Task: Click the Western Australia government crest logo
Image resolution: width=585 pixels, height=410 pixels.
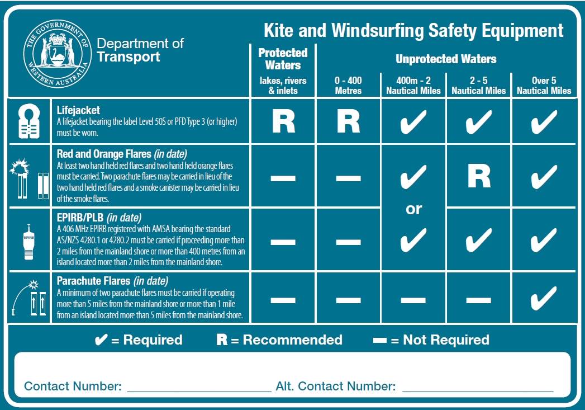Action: [x=58, y=51]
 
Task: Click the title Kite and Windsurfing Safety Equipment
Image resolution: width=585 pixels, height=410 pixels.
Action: [x=413, y=30]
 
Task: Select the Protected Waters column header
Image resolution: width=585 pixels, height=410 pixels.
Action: [x=283, y=58]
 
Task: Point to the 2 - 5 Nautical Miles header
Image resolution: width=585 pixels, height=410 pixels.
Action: [x=478, y=85]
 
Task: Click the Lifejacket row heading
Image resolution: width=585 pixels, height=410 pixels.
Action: [x=78, y=111]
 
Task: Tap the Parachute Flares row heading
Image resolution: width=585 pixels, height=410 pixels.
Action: [x=112, y=281]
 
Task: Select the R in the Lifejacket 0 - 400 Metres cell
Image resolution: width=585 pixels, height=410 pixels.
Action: [x=349, y=121]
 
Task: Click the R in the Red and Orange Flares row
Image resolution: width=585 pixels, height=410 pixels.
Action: [x=479, y=176]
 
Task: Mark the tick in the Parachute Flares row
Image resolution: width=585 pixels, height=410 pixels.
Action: [x=544, y=298]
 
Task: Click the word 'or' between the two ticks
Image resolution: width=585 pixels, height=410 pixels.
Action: [x=413, y=209]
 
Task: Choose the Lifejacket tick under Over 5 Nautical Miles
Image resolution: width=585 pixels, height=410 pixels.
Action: [x=544, y=121]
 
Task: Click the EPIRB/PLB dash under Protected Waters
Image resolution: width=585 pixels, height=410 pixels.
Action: [x=283, y=242]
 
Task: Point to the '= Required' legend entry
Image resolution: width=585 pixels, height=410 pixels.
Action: [x=139, y=340]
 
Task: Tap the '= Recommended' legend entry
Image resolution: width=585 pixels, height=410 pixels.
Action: [x=279, y=340]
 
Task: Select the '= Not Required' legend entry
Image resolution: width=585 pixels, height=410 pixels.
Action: [x=431, y=340]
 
